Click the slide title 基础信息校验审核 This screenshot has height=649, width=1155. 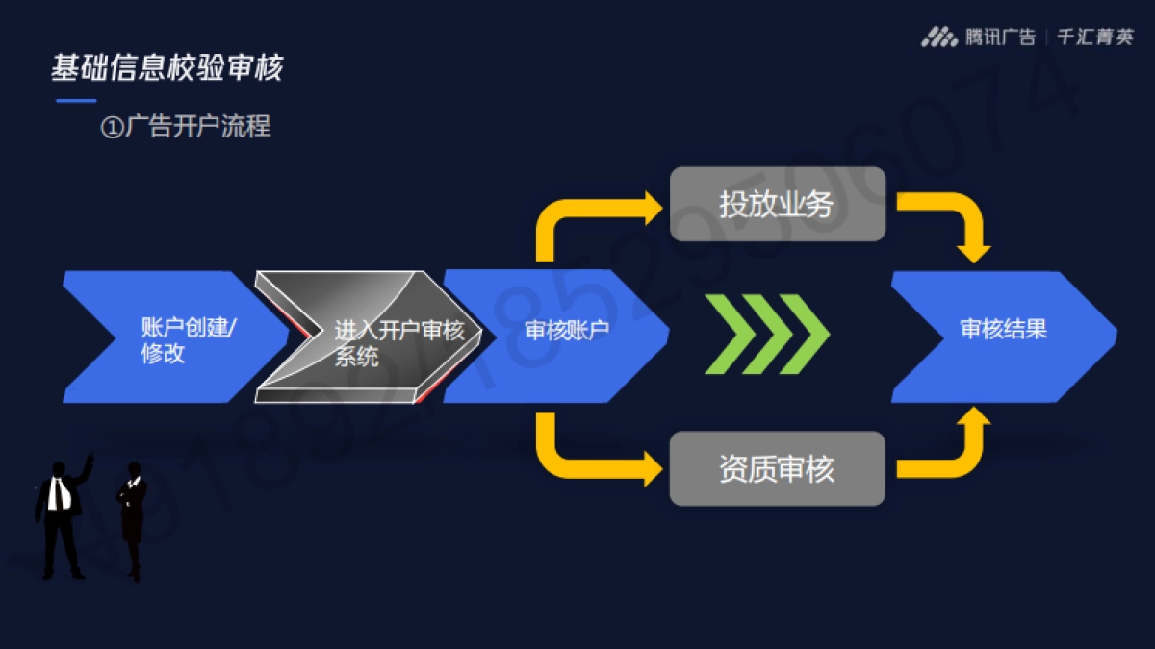pyautogui.click(x=167, y=68)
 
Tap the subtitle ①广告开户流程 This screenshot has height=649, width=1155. pyautogui.click(x=186, y=126)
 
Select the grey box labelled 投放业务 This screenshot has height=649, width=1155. pyautogui.click(x=777, y=204)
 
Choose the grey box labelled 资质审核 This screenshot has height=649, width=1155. pyautogui.click(x=777, y=468)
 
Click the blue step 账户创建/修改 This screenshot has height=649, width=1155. pyautogui.click(x=178, y=337)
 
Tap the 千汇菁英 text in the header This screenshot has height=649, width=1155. pyautogui.click(x=1095, y=37)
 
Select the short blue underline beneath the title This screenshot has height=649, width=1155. pyautogui.click(x=76, y=100)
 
